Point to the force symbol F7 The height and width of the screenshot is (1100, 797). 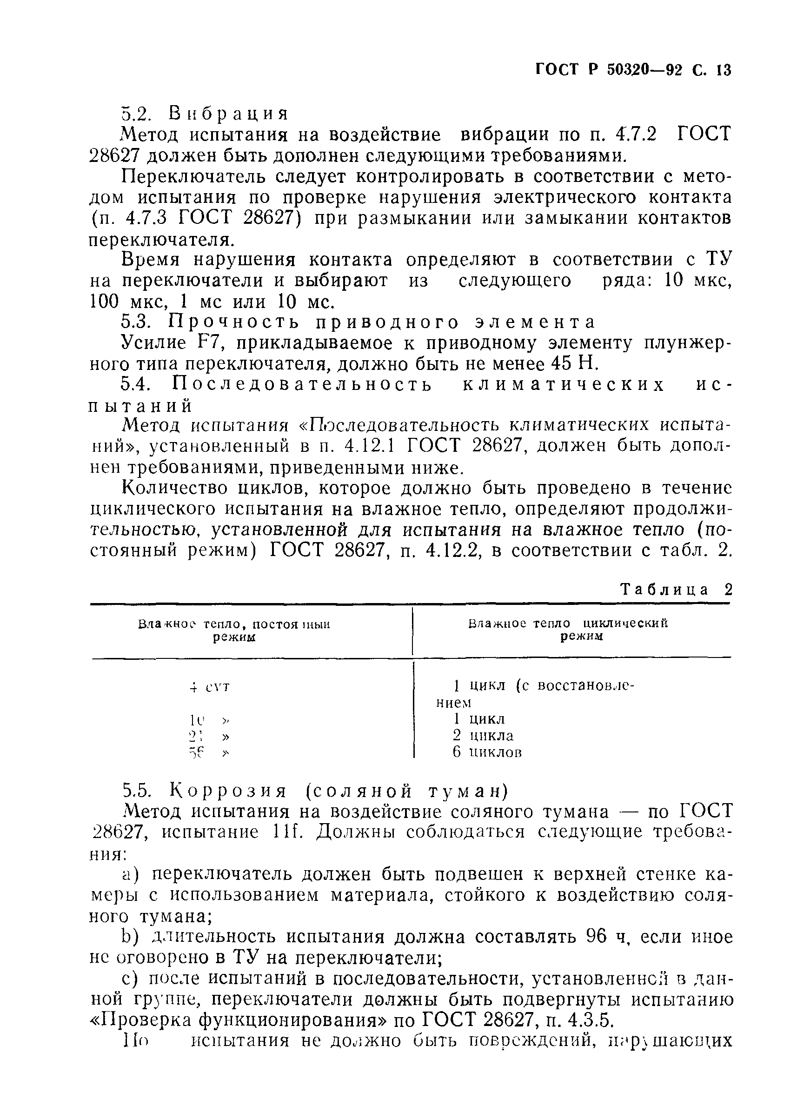tap(207, 343)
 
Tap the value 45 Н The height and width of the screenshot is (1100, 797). tap(576, 364)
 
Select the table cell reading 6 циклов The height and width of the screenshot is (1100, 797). tap(487, 752)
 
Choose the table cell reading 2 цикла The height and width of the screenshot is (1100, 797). tap(483, 735)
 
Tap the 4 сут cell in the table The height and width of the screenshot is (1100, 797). tap(209, 687)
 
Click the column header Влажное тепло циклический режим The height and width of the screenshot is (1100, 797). tap(568, 630)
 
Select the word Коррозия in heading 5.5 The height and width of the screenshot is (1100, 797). tap(229, 791)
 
